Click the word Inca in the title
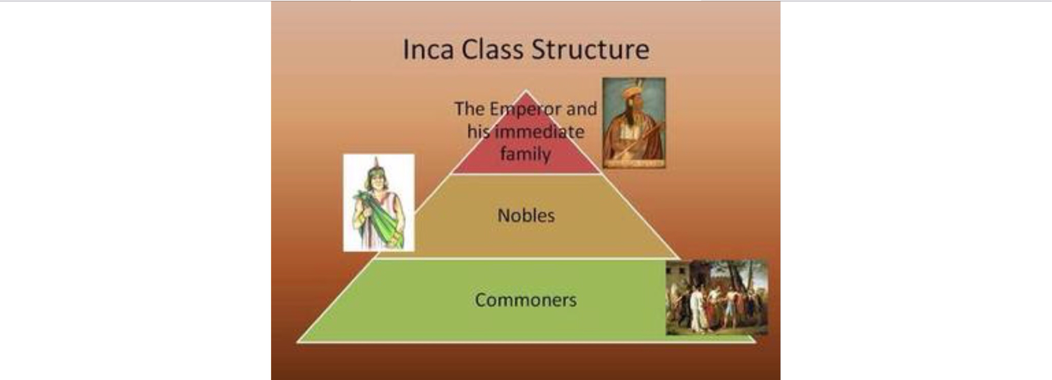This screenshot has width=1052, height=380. click(428, 49)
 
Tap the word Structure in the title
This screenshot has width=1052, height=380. click(590, 49)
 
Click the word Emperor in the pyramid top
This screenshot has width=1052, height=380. click(525, 109)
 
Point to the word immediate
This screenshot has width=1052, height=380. click(540, 132)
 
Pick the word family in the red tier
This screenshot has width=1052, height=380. click(525, 154)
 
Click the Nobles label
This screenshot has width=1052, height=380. click(526, 215)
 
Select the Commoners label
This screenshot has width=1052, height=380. click(526, 300)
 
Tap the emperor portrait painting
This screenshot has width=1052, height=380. click(634, 123)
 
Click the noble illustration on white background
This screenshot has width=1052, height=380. click(379, 202)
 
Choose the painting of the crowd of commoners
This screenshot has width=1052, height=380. click(717, 297)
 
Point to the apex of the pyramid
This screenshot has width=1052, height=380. click(526, 90)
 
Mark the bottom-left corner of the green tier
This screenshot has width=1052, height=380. click(297, 341)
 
